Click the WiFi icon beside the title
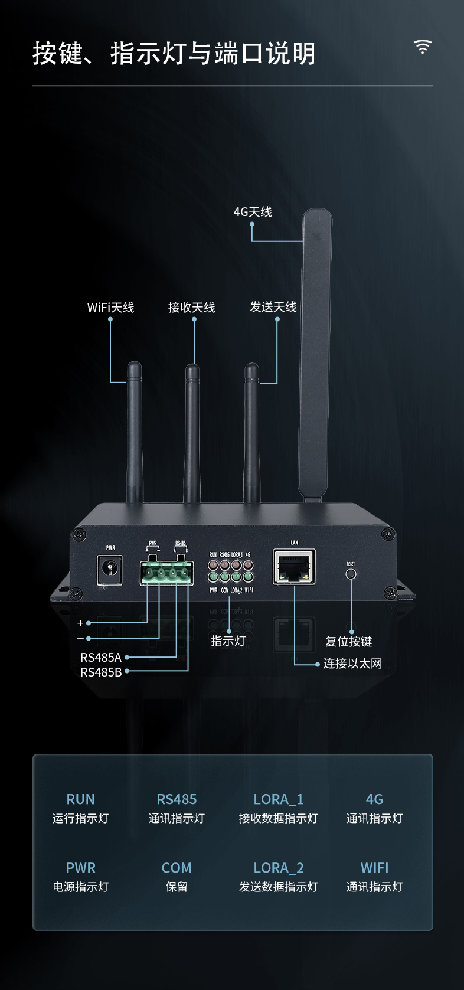(423, 47)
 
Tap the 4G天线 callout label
(253, 212)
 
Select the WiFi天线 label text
(111, 308)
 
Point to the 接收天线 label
(192, 308)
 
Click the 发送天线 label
(273, 307)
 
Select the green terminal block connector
(166, 573)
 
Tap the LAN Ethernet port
(294, 566)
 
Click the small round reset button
(351, 573)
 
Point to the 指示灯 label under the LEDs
(228, 641)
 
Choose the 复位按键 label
(349, 642)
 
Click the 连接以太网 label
(352, 664)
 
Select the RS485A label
(101, 658)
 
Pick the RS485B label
(101, 672)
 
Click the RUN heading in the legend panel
(80, 799)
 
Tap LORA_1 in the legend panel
(279, 799)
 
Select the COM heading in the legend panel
(177, 868)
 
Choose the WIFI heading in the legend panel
(374, 868)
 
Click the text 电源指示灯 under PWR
(80, 887)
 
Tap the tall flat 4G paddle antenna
(315, 354)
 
